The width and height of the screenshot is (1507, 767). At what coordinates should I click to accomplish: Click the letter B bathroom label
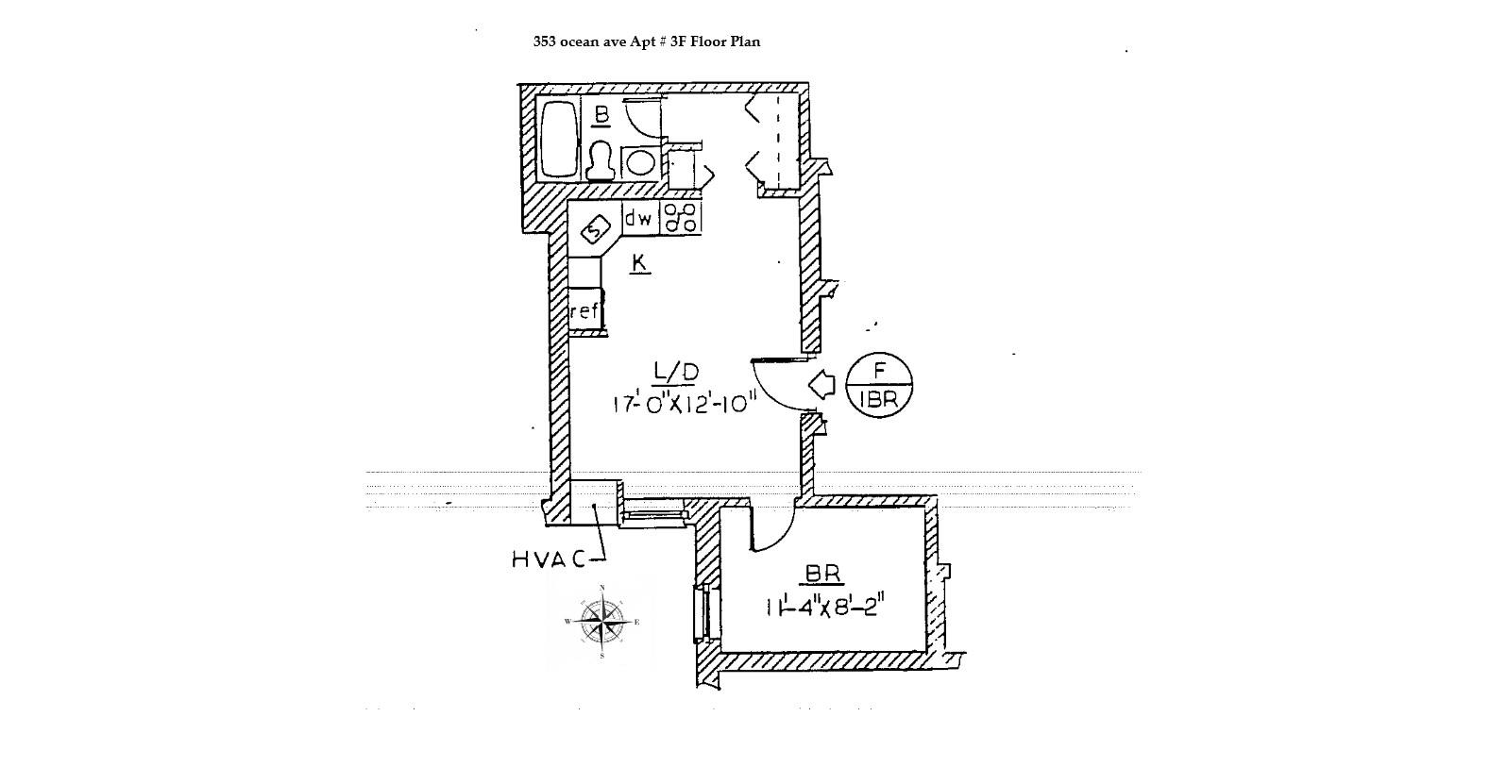coord(601,116)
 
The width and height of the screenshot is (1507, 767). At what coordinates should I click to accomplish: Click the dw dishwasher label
coord(639,219)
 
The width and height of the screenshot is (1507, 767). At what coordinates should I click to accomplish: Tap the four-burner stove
coord(680,218)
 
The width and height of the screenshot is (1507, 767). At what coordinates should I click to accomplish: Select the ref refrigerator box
coord(584,310)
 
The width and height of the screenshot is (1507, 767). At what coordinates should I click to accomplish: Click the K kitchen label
coord(639,262)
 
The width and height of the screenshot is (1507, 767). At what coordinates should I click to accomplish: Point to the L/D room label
coord(675,372)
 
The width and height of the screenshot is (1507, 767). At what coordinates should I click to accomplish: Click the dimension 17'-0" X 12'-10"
coord(686,404)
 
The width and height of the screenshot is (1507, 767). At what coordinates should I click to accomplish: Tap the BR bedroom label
coord(823,574)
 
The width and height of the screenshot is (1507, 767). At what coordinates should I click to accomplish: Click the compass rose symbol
coord(602,622)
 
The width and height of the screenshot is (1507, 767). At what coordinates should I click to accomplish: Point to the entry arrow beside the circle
coord(822,384)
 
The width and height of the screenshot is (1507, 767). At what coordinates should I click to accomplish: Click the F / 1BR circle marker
coord(879,385)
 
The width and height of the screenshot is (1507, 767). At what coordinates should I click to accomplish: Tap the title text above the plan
coord(646,42)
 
